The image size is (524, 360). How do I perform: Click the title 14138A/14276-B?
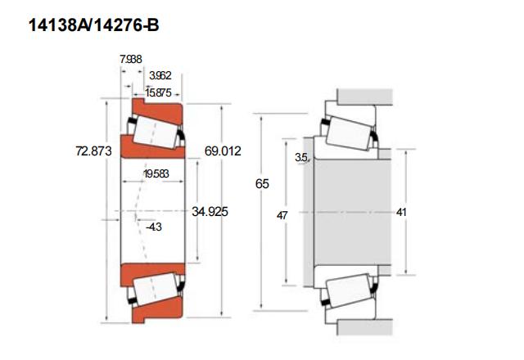pos(94,25)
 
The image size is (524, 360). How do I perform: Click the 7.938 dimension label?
pos(131,59)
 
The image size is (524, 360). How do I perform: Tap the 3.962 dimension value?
pos(160,75)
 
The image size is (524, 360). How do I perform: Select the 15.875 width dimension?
pos(158,92)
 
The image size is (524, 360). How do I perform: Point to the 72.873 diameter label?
pos(93,151)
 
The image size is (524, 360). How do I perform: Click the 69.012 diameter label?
pos(223,151)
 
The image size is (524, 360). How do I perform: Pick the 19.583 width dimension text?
pos(156,173)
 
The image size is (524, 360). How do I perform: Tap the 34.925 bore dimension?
pos(210,211)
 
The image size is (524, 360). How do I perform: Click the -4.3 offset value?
pos(154,227)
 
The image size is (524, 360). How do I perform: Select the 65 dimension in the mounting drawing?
pos(262,183)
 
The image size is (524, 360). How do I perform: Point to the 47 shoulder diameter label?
pos(282,216)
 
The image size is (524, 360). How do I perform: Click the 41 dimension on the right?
pos(401,212)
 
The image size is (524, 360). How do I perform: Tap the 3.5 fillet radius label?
pos(301,157)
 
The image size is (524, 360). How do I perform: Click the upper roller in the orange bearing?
pos(156,133)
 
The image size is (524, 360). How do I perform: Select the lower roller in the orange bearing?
pos(156,289)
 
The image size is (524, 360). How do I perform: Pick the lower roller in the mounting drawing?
pos(348,290)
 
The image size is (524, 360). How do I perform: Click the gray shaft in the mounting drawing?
pos(352,213)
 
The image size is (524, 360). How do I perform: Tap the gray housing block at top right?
pos(365,97)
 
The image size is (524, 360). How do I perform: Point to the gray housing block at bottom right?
pos(365,327)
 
